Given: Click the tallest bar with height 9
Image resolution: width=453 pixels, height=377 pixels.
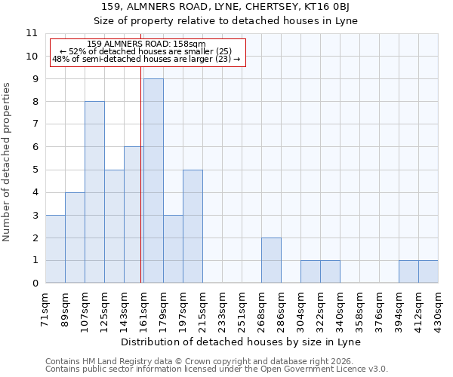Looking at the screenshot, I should [153, 181].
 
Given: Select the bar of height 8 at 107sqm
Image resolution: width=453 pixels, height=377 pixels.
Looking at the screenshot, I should [94, 192].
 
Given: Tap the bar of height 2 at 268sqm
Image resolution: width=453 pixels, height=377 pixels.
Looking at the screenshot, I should [271, 260].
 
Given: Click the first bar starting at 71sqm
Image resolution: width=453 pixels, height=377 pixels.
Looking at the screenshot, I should [55, 249].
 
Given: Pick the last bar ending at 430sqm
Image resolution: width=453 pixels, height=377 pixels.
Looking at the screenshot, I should [428, 271].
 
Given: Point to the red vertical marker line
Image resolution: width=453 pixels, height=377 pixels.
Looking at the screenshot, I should [141, 173].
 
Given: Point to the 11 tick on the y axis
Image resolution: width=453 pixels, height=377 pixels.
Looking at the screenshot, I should [32, 33].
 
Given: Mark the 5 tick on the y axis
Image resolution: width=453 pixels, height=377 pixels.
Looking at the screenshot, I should [35, 170].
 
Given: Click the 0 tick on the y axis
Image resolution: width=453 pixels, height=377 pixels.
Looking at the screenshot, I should [35, 284].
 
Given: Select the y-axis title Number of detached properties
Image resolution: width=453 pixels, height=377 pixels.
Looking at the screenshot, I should [8, 162].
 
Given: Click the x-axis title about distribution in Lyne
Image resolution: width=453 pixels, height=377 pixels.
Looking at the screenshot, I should [241, 342].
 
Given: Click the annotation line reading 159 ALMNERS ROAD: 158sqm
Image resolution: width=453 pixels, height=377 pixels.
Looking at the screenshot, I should [146, 44].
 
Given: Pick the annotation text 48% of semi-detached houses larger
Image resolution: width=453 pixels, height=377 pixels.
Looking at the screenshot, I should [146, 59].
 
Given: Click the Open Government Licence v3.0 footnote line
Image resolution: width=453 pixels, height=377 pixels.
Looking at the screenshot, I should [217, 369].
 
